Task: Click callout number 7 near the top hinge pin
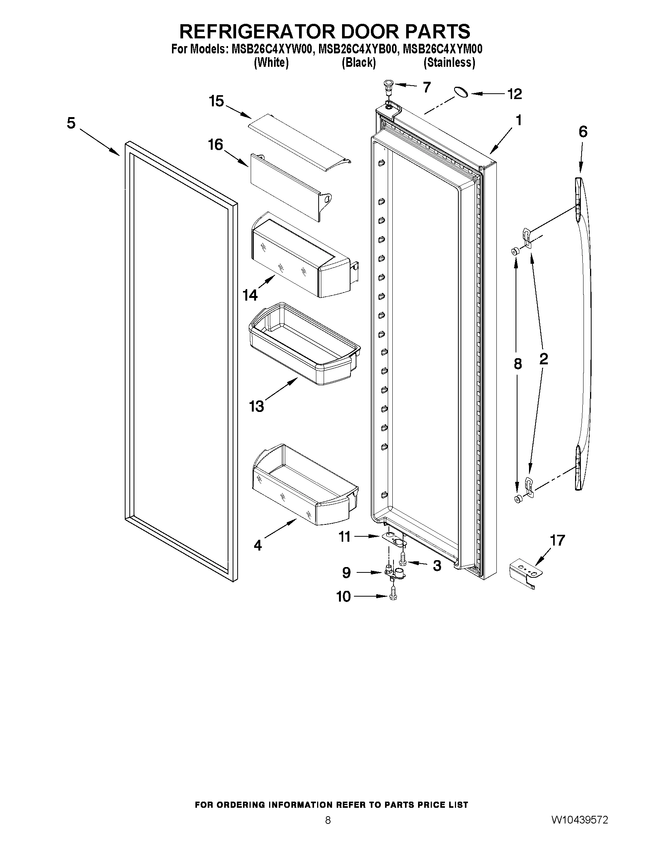pos(426,88)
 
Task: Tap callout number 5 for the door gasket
pos(71,123)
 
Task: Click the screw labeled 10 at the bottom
pos(393,596)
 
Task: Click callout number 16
pos(215,145)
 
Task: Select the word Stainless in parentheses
pos(449,62)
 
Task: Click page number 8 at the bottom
pos(328,820)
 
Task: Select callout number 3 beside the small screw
pos(437,566)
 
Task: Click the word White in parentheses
pos(271,62)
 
